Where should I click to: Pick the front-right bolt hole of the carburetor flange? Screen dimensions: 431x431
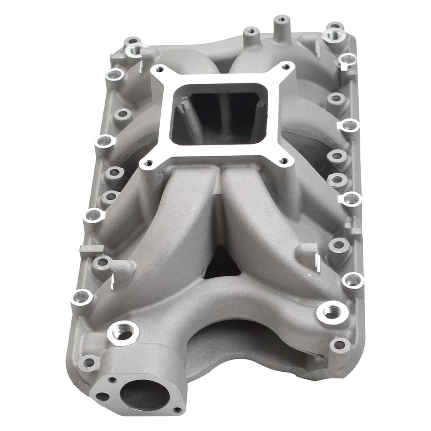(283, 160)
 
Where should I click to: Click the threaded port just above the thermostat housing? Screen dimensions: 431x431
(122, 333)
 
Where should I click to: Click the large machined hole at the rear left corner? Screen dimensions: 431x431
(134, 49)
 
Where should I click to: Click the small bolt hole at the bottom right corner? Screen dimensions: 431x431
(340, 345)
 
